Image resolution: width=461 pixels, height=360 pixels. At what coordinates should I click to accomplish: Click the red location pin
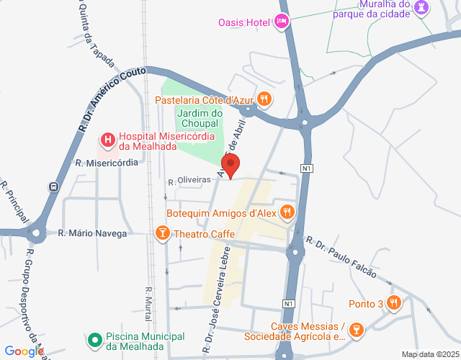[x=231, y=166]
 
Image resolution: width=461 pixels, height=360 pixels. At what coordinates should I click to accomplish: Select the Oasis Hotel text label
[x=243, y=22]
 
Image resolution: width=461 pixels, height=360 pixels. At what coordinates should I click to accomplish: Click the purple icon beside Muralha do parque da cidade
[x=423, y=8]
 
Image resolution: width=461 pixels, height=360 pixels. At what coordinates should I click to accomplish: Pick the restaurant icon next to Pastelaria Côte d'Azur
[x=265, y=99]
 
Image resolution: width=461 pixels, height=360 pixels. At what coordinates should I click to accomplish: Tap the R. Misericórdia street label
[x=107, y=163]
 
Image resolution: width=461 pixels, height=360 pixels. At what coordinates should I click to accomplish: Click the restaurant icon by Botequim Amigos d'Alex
[x=287, y=212]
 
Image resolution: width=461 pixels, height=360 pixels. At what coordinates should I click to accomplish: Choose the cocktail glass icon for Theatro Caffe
[x=162, y=233]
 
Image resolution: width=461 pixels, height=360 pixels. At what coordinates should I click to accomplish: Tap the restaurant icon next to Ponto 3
[x=393, y=302]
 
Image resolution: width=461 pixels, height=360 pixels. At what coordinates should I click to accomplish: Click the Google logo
[x=27, y=351]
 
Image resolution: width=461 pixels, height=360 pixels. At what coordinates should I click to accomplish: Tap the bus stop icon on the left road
[x=53, y=186]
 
